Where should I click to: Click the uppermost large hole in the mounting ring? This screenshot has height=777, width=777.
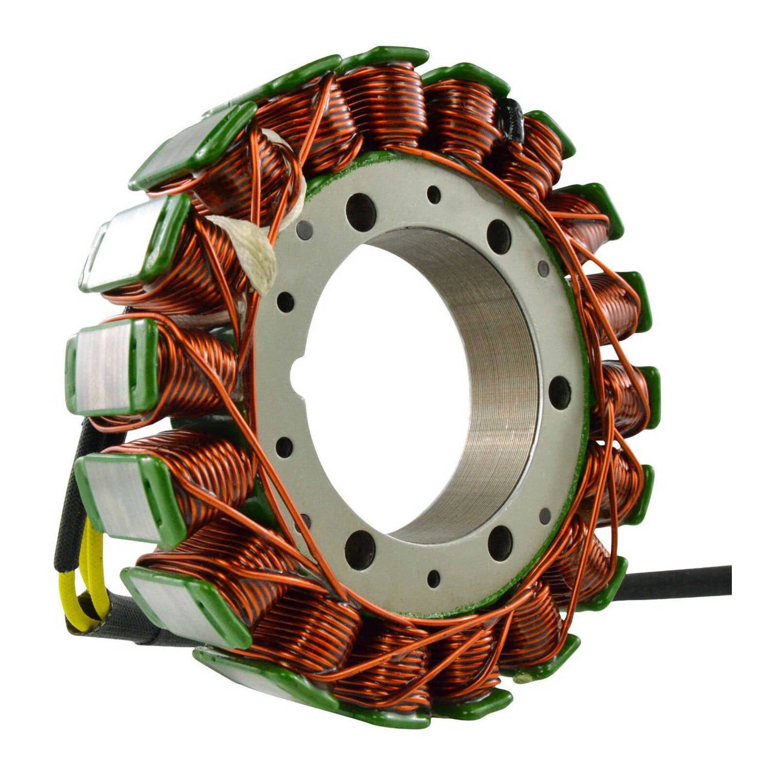[361, 212]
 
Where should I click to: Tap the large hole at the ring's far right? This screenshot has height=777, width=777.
[559, 392]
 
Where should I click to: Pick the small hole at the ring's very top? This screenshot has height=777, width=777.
[434, 195]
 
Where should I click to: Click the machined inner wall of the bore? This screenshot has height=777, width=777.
[495, 388]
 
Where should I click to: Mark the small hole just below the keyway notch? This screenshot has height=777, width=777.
[284, 447]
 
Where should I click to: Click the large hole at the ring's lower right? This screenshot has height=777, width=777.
[500, 543]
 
